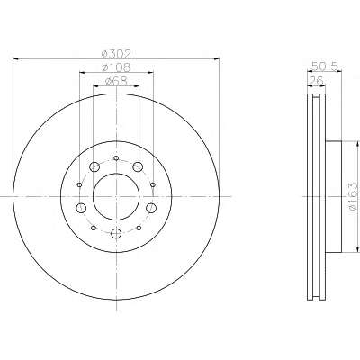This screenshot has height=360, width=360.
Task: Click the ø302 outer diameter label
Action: [116, 54]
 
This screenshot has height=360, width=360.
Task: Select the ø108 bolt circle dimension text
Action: [116, 67]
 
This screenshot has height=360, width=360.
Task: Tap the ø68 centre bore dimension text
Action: [116, 81]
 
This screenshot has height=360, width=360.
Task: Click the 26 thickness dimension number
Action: [316, 81]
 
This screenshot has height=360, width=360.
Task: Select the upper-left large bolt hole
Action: [94, 166]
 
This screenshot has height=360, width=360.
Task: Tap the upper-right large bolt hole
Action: [138, 166]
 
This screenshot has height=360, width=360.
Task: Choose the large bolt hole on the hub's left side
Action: [81, 208]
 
